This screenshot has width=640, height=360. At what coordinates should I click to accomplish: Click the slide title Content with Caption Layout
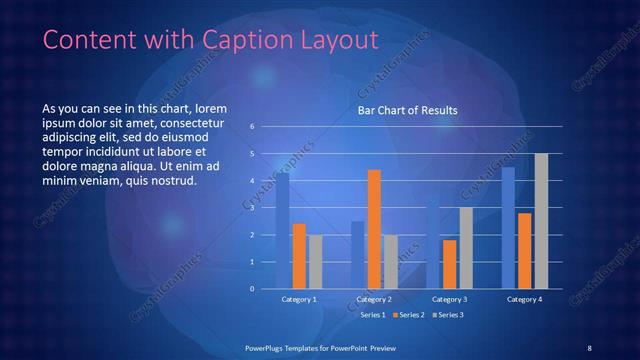point(212,40)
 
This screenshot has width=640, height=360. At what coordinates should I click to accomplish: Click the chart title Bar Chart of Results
point(408,112)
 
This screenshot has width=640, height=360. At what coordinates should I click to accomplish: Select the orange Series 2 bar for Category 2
point(374,230)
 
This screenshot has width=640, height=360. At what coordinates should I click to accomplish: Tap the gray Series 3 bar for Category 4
point(541,221)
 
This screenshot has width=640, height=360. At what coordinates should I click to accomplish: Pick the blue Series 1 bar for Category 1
point(283,231)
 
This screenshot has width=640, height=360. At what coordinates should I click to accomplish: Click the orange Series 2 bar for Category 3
point(449,264)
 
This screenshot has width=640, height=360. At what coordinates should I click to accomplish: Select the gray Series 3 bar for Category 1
point(315,262)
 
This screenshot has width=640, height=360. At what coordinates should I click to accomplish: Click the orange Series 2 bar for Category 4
point(524,251)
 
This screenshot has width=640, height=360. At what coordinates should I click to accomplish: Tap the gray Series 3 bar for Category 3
point(466,248)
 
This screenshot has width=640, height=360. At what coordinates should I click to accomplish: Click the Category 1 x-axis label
point(299,299)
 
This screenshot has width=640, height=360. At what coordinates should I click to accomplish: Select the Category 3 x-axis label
point(449,299)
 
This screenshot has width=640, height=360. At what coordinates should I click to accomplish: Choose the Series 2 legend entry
point(408,315)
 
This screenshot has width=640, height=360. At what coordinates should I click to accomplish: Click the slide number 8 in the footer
point(589,347)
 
